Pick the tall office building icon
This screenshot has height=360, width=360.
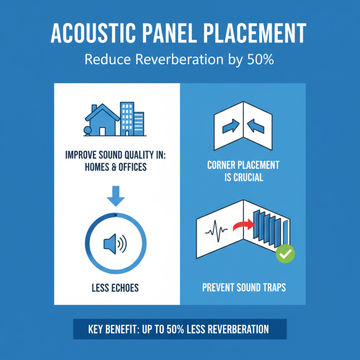[127, 118]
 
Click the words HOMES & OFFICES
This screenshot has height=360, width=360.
[116, 167]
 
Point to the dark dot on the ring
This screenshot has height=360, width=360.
[116, 215]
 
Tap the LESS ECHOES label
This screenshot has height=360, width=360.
[116, 287]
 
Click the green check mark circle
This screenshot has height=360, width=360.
[285, 254]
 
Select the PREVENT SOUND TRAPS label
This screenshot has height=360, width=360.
[243, 287]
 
